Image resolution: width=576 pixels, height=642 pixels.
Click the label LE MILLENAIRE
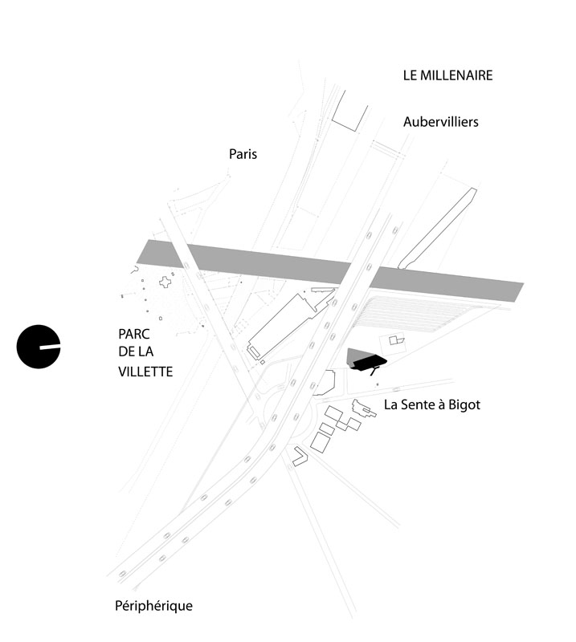coord(447,75)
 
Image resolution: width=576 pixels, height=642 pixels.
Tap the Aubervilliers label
coord(441,122)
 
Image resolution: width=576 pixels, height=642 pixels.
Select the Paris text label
coord(243,153)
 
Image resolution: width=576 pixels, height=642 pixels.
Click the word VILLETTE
coord(145,372)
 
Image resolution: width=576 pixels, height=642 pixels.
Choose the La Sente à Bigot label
coord(431,405)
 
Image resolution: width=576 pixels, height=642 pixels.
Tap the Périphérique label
coord(153,606)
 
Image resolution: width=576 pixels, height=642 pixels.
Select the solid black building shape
coord(366,360)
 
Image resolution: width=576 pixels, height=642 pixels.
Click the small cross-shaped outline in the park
coord(166,282)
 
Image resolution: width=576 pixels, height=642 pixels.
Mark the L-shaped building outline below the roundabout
coord(299,457)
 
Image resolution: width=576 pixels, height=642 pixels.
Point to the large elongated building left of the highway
coord(285,325)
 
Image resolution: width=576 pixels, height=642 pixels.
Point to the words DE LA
coord(136,353)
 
